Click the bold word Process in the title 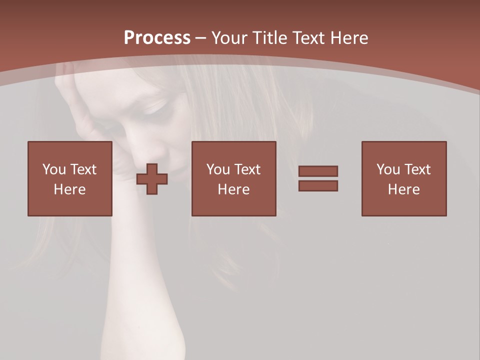[x=157, y=38]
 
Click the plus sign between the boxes [x=152, y=178]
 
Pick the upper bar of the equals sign [x=318, y=171]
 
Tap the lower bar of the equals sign [x=318, y=185]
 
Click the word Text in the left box [x=83, y=169]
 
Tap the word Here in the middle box [x=233, y=189]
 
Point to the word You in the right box [x=388, y=169]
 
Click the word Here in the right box [x=404, y=189]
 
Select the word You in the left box [x=54, y=169]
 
